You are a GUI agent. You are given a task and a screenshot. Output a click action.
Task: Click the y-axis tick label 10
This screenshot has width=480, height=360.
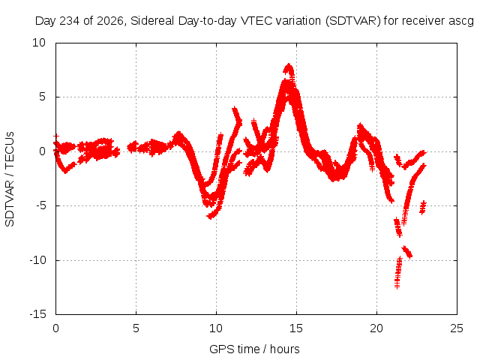[x=39, y=43]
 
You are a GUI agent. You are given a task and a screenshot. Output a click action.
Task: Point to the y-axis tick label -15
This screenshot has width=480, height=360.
[x=38, y=314]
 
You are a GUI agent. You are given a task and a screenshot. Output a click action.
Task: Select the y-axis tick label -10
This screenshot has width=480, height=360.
[x=38, y=260]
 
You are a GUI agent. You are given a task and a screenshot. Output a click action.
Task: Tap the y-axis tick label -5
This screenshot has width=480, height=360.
[x=41, y=205]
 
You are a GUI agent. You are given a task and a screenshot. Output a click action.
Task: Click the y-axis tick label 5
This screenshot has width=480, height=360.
[x=42, y=97]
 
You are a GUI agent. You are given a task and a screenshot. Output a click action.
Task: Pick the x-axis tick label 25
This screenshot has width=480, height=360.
[x=457, y=328]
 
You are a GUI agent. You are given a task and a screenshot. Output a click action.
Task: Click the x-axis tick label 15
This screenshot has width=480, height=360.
[x=296, y=328]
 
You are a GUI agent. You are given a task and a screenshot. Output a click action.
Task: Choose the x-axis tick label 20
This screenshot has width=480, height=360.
[x=376, y=328]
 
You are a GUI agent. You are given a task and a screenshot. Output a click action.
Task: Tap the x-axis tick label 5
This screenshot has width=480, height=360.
[x=136, y=328]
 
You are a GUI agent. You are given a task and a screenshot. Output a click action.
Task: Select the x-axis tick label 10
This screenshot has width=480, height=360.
[x=216, y=328]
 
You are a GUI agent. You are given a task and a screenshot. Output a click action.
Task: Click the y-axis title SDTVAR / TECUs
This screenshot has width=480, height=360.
[x=10, y=179]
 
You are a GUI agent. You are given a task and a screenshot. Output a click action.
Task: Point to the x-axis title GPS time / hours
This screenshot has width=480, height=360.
[x=254, y=349]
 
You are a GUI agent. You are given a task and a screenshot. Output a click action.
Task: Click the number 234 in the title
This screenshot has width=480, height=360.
[x=69, y=21]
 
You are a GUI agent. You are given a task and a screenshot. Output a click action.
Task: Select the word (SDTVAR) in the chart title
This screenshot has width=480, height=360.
[x=353, y=21]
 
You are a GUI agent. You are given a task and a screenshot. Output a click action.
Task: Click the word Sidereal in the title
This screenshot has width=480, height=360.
[x=152, y=21]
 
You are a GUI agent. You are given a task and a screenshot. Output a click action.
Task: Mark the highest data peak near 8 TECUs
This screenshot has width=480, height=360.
[x=289, y=65]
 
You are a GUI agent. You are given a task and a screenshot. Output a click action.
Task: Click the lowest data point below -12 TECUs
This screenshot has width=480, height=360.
[x=397, y=286]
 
